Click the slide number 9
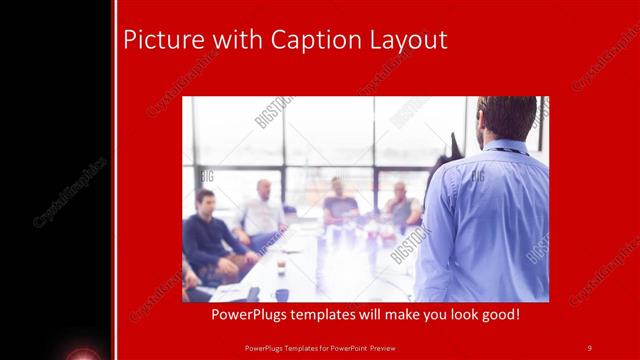click(589, 347)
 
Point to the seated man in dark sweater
click(211, 235)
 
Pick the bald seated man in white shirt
click(262, 211)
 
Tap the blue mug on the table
click(282, 294)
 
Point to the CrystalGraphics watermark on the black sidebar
click(70, 191)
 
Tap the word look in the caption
click(445, 315)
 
